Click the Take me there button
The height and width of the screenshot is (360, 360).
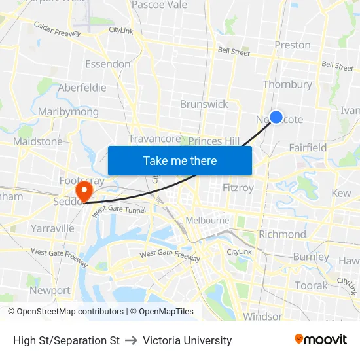pyautogui.click(x=180, y=160)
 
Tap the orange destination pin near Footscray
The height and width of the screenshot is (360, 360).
pyautogui.click(x=84, y=190)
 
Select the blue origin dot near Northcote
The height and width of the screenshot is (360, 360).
pyautogui.click(x=276, y=117)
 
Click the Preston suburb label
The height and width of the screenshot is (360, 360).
pyautogui.click(x=293, y=45)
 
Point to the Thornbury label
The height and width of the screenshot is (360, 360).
pyautogui.click(x=287, y=84)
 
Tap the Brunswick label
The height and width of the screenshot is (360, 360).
pyautogui.click(x=204, y=104)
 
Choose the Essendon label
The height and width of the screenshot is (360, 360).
pyautogui.click(x=108, y=64)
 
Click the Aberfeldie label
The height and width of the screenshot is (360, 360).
pyautogui.click(x=82, y=88)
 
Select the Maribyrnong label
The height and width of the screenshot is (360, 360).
pyautogui.click(x=68, y=112)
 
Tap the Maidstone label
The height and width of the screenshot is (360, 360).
pyautogui.click(x=38, y=141)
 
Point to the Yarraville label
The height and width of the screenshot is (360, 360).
pyautogui.click(x=52, y=228)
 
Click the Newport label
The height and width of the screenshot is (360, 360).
pyautogui.click(x=50, y=290)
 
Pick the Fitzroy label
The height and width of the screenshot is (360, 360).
pyautogui.click(x=238, y=187)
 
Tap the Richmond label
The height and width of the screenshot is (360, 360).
pyautogui.click(x=282, y=234)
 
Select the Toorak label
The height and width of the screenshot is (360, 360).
pyautogui.click(x=311, y=285)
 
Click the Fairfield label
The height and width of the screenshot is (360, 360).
pyautogui.click(x=308, y=147)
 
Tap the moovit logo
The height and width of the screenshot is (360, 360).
pyautogui.click(x=321, y=340)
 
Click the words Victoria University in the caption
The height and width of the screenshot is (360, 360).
pyautogui.click(x=187, y=340)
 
